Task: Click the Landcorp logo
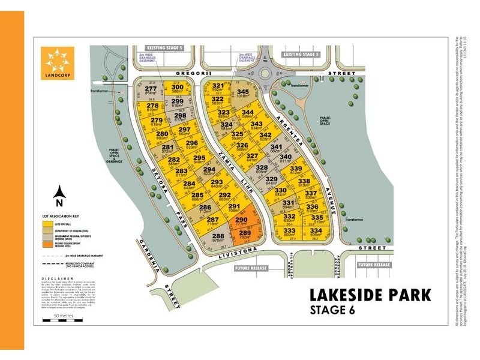point(57,63)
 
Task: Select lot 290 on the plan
point(241,223)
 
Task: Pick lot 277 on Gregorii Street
point(151,91)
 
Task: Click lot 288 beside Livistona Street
point(218,239)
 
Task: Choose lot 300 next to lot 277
point(177,89)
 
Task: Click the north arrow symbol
point(59,193)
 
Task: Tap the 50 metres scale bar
point(63,321)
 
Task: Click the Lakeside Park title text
point(370,295)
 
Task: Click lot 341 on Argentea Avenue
point(276,149)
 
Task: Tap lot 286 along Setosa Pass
point(205,209)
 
